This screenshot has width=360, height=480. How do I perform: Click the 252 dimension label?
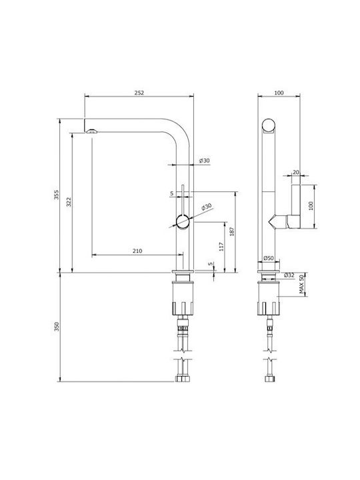[x=139, y=93]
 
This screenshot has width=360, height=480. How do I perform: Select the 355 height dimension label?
[x=56, y=195]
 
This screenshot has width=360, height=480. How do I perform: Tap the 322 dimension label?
[x=69, y=202]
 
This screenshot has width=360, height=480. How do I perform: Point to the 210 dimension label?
[x=137, y=251]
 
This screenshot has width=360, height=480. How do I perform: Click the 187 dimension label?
[x=232, y=231]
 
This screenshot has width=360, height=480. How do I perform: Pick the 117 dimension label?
[x=221, y=247]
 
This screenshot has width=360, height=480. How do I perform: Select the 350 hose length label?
[x=56, y=327]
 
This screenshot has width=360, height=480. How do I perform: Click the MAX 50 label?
[x=303, y=285]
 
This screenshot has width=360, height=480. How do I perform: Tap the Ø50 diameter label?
[x=269, y=258]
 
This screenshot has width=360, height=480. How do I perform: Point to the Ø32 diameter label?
[x=289, y=275]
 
